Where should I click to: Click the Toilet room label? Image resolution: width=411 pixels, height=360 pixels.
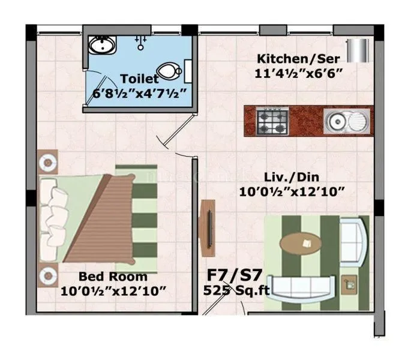[139, 79]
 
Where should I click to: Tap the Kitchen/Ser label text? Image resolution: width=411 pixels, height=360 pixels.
[298, 59]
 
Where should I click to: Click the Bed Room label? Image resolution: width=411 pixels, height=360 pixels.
[113, 277]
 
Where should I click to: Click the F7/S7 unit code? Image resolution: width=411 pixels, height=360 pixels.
[235, 275]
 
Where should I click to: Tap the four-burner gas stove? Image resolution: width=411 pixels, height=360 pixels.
[273, 121]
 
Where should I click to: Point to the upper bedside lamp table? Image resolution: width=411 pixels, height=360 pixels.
[48, 161]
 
